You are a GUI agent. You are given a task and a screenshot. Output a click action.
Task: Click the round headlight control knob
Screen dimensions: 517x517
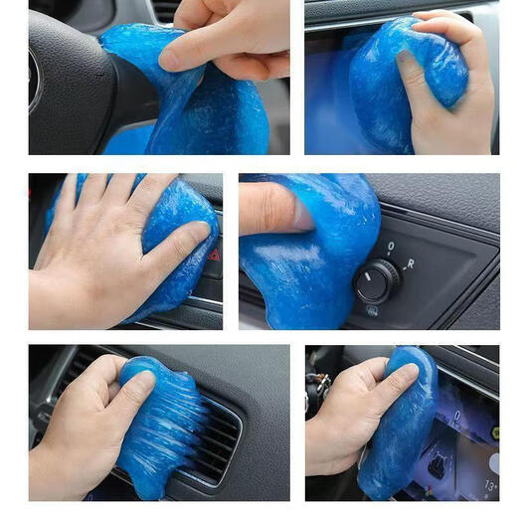(377, 280)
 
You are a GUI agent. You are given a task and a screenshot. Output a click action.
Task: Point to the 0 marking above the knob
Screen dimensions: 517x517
(390, 246)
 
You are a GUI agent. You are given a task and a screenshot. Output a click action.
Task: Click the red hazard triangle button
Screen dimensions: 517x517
(213, 255)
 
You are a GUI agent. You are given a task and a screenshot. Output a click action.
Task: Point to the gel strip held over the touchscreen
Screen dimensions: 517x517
(398, 428)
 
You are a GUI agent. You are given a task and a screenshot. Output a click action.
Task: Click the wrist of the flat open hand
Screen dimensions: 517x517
(50, 298)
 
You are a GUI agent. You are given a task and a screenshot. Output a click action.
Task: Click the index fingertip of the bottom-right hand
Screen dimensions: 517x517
(408, 372)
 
